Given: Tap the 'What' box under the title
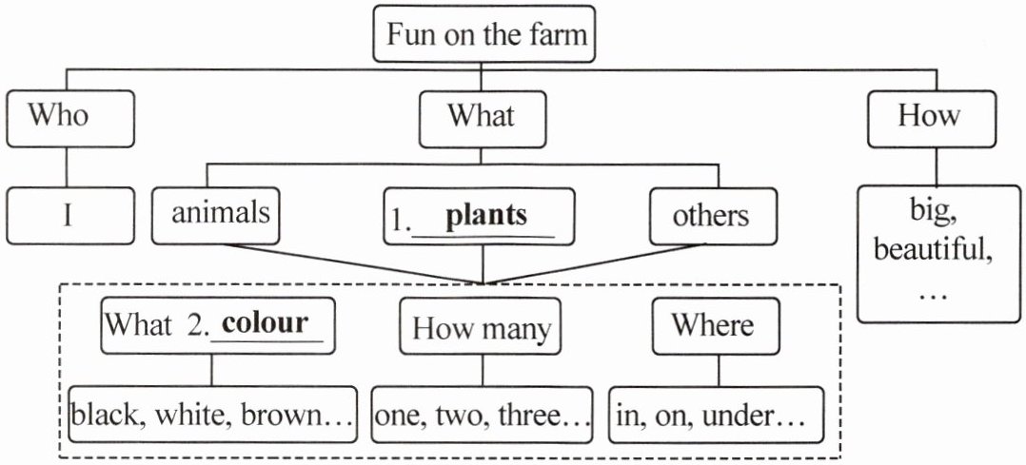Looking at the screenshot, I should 483,118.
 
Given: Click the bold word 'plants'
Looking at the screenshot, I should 485,215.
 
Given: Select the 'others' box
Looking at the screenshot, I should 710,215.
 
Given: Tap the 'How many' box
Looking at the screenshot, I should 482,328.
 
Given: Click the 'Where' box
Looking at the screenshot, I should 713,325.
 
